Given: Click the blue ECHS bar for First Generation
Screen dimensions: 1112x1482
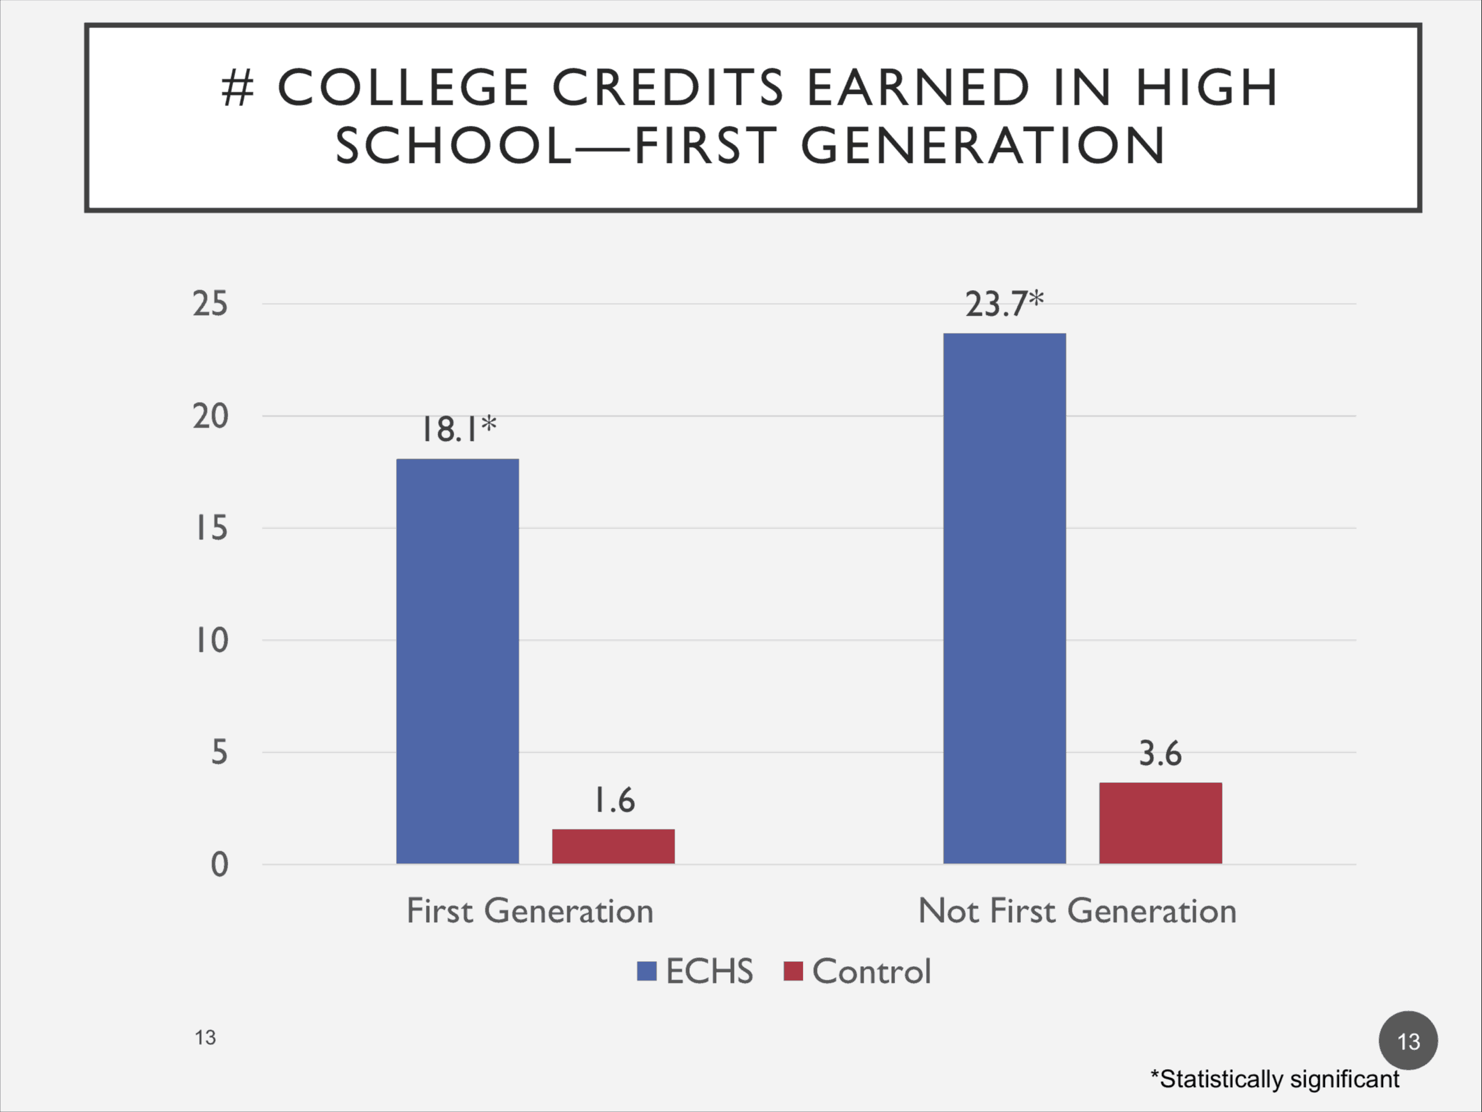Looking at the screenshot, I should click(457, 661).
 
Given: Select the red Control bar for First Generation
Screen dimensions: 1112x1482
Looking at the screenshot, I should click(613, 846).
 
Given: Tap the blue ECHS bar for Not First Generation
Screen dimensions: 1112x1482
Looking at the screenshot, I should click(1004, 598).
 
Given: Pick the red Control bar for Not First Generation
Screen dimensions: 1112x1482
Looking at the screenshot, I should click(1161, 822).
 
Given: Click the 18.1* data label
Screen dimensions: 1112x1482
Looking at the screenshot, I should click(458, 429).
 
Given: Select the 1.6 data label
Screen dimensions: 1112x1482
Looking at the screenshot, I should click(615, 800).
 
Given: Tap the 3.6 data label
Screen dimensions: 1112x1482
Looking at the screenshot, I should click(1161, 753).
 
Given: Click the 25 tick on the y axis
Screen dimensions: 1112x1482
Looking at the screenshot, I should click(210, 304).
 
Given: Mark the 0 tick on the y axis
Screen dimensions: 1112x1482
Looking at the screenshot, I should click(219, 865).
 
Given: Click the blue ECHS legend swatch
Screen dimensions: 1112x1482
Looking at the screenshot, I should click(646, 971).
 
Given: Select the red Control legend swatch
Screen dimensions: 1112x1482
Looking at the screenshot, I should click(793, 971).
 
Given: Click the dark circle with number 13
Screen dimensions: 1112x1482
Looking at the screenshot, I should click(1408, 1041).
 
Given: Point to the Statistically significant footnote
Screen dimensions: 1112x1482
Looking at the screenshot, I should click(1274, 1079).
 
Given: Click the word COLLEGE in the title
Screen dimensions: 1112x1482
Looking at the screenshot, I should click(403, 88).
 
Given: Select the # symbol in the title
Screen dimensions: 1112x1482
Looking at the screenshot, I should click(238, 88).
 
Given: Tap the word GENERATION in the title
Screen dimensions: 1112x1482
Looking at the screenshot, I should click(983, 146).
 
